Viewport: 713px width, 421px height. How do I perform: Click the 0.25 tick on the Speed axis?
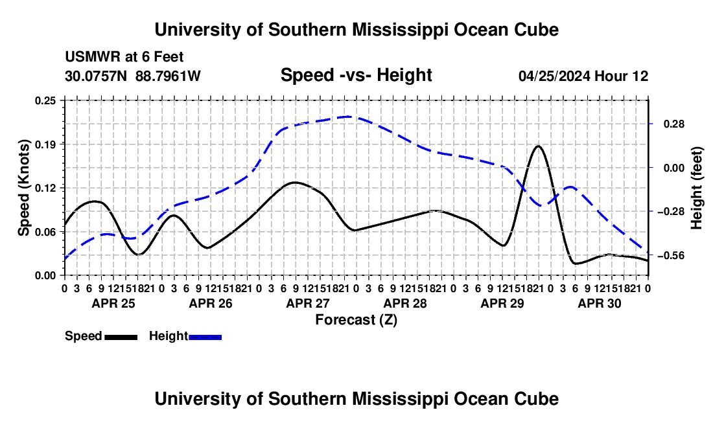click(45, 100)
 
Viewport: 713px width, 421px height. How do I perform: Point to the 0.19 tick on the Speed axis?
click(45, 144)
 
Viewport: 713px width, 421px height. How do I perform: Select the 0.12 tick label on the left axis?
click(45, 188)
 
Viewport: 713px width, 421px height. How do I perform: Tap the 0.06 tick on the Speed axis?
click(45, 232)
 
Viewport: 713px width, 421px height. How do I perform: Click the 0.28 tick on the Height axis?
click(674, 124)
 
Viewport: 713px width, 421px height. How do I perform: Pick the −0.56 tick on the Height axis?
click(671, 256)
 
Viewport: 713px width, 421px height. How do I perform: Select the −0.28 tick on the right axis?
click(671, 212)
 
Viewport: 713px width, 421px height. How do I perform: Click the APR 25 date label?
click(113, 303)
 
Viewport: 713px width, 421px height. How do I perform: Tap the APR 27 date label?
click(308, 303)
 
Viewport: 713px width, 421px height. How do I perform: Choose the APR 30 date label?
click(600, 303)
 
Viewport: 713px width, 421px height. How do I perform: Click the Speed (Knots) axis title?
click(23, 188)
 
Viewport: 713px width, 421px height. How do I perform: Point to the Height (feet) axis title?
click(697, 188)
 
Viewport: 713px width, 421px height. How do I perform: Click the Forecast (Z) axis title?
click(356, 320)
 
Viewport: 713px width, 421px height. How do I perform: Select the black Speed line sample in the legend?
click(121, 337)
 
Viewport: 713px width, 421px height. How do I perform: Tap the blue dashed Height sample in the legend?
click(205, 337)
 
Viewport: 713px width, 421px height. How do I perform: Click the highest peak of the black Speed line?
click(539, 146)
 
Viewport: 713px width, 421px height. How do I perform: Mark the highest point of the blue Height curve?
click(348, 117)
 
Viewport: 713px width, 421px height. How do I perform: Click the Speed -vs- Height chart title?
click(356, 75)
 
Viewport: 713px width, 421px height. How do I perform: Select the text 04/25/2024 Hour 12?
click(583, 76)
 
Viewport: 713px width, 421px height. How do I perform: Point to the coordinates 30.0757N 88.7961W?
click(133, 76)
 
